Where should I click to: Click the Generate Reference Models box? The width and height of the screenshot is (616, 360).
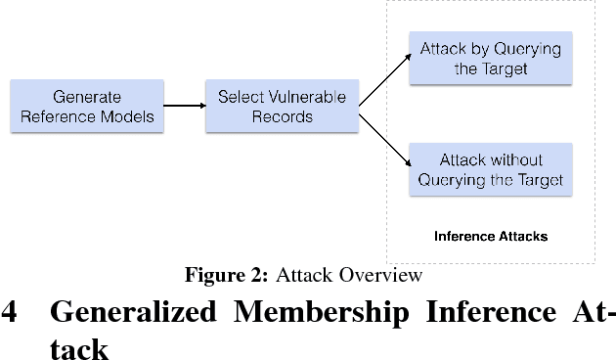(86, 107)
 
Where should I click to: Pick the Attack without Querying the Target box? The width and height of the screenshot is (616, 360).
(490, 169)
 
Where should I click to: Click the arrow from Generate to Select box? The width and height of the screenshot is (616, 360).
(183, 107)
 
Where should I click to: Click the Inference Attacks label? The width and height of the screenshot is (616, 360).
(490, 236)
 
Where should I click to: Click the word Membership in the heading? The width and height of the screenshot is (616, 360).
(311, 313)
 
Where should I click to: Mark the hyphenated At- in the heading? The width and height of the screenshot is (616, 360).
(587, 313)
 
